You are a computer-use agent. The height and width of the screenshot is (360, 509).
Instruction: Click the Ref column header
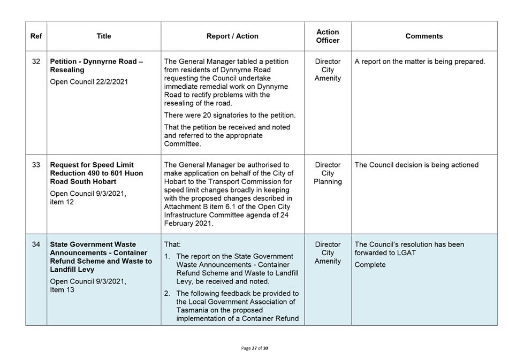coord(36,36)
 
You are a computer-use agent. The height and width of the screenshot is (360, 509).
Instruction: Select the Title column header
coord(104,36)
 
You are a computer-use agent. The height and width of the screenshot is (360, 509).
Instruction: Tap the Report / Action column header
coord(232,36)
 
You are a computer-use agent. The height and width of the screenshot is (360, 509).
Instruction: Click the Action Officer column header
coord(328,36)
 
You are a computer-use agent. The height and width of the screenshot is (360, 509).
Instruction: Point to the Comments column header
coord(424,36)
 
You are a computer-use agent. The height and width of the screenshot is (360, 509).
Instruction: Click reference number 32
coord(36,62)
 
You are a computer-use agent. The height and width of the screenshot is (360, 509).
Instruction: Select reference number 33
coord(36,165)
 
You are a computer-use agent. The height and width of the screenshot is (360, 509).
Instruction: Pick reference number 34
coord(36,244)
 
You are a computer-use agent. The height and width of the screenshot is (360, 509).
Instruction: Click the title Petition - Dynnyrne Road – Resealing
coord(96,66)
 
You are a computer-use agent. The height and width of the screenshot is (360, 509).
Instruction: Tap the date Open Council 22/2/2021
coord(89,82)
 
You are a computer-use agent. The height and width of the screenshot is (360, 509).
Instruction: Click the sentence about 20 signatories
coord(230,115)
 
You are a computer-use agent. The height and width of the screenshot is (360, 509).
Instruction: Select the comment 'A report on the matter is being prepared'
coord(420,62)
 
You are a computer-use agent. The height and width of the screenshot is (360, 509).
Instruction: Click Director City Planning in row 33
coord(328,173)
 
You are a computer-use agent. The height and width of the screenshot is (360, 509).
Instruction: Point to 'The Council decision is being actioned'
coord(416,165)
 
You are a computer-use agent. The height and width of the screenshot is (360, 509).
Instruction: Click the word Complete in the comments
coord(370,265)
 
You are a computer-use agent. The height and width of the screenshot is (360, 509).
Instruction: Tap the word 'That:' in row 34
coord(172,244)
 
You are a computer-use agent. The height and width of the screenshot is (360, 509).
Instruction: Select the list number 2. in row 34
coord(167,293)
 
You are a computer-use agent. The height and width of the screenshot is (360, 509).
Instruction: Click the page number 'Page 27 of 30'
coord(255,348)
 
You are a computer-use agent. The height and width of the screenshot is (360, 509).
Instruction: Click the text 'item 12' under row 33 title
coord(62,202)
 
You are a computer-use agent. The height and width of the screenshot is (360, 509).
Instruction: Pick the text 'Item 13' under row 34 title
coord(62,290)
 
